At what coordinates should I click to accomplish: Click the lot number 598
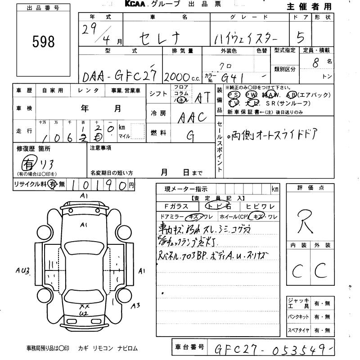44,41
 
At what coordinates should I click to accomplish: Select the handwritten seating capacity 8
316,63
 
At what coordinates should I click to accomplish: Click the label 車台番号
189,347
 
